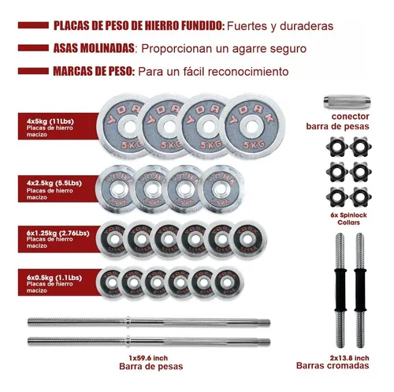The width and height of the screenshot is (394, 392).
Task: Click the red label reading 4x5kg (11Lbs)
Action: pos(52,121)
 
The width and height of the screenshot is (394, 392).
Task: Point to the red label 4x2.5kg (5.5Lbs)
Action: pos(52,187)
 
